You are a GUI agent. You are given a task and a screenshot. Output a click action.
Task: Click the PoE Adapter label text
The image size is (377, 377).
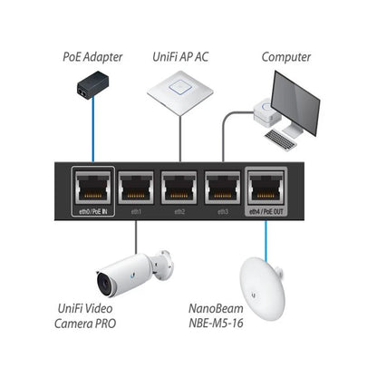point(93,57)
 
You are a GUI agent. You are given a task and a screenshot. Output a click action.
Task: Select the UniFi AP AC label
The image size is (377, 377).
point(188,57)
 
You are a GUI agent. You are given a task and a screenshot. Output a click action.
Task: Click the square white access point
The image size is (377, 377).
point(188,91)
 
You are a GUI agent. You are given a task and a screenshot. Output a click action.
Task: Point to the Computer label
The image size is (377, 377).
point(286,57)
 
